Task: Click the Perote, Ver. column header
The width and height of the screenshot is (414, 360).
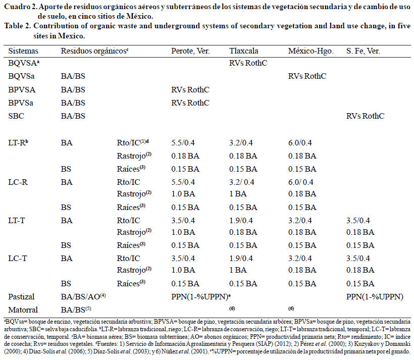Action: click(190, 51)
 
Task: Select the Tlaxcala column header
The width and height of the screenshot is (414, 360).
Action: click(244, 51)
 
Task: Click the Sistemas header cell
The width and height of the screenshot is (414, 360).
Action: click(23, 51)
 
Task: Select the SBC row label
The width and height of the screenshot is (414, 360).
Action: click(17, 116)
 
